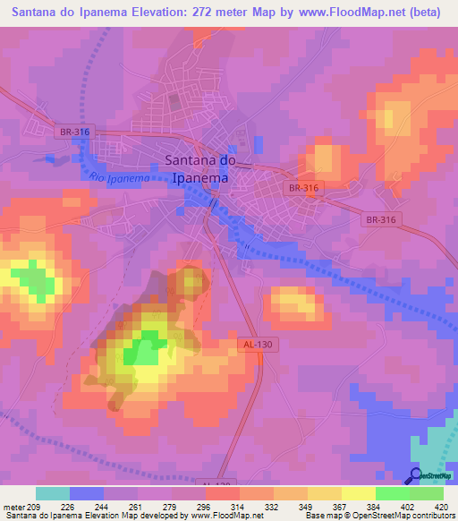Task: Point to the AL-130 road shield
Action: [x=256, y=344]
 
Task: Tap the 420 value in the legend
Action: [x=441, y=506]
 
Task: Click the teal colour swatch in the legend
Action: [x=53, y=493]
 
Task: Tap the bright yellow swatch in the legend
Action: [x=359, y=493]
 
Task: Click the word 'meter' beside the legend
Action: [x=16, y=506]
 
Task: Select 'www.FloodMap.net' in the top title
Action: [x=352, y=13]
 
